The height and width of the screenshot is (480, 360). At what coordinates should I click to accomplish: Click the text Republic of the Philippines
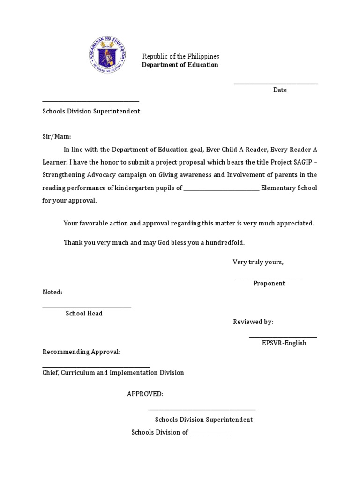tap(180, 56)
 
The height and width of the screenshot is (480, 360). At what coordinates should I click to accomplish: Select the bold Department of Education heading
tap(180, 65)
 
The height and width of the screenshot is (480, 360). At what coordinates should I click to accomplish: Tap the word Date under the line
tap(280, 90)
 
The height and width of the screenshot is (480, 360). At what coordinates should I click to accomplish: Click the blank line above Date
tap(276, 84)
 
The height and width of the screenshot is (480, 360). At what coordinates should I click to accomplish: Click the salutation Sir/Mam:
tap(57, 136)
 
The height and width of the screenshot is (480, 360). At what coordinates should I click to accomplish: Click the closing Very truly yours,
tap(258, 262)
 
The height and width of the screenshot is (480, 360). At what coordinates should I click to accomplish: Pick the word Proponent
tap(269, 284)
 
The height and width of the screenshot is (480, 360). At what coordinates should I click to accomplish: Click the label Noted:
tap(52, 292)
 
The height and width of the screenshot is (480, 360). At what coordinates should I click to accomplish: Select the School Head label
tap(84, 314)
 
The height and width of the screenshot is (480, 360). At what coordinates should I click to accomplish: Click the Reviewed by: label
tap(253, 322)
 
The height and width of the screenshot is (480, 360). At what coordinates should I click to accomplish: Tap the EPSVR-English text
tap(284, 343)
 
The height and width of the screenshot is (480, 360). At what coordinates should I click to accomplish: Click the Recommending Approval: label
tap(82, 352)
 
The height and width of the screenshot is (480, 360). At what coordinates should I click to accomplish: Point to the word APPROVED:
tap(145, 394)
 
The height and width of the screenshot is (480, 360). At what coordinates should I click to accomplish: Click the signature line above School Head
tap(87, 307)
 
